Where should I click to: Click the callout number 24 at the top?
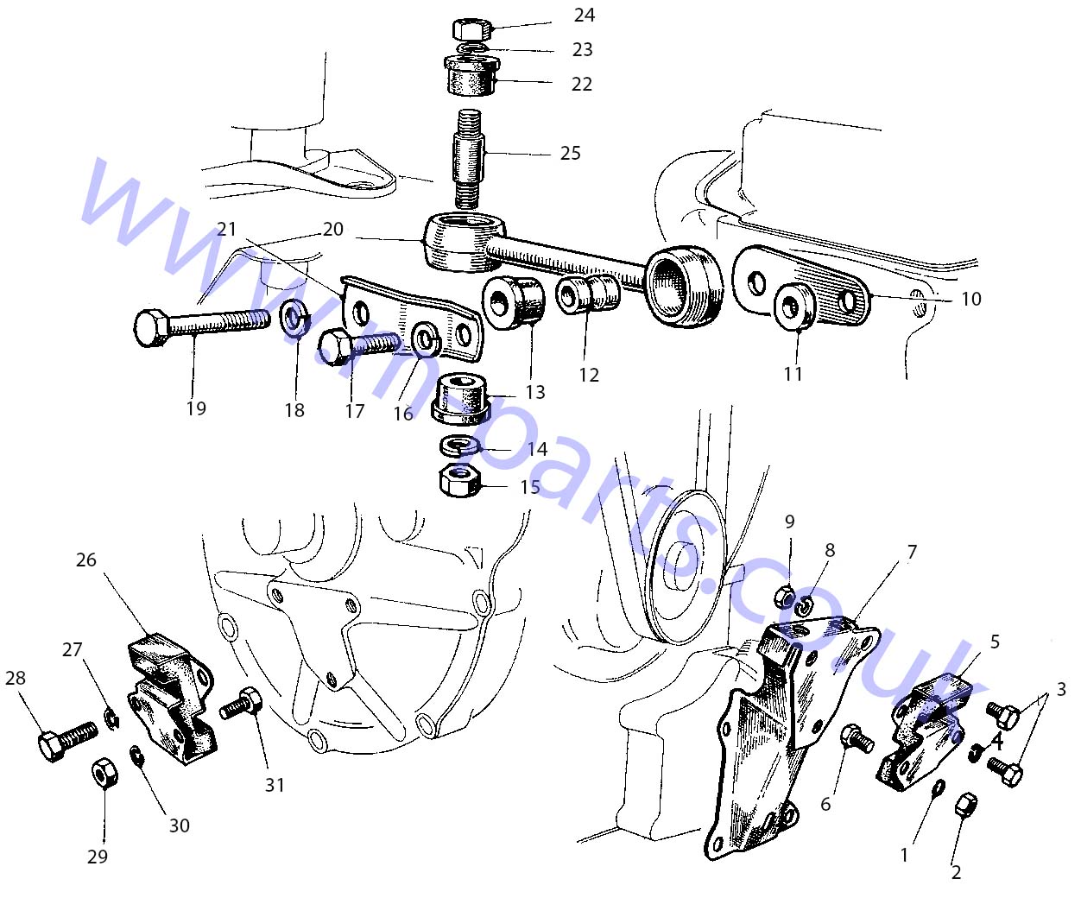[x=584, y=16]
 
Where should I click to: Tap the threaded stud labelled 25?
[x=469, y=158]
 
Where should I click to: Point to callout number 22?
[x=581, y=84]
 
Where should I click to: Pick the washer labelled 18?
[x=294, y=320]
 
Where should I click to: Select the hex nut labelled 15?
[x=459, y=481]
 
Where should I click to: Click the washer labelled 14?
[x=459, y=446]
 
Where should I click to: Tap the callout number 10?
[x=970, y=299]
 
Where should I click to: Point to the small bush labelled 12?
[x=587, y=294]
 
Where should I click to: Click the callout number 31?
[x=275, y=785]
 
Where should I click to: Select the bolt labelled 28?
[x=68, y=740]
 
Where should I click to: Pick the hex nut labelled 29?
[x=104, y=774]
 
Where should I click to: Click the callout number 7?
[x=913, y=552]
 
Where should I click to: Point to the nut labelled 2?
[x=965, y=812]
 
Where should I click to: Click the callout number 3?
[x=1061, y=689]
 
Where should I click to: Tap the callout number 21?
[x=226, y=229]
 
